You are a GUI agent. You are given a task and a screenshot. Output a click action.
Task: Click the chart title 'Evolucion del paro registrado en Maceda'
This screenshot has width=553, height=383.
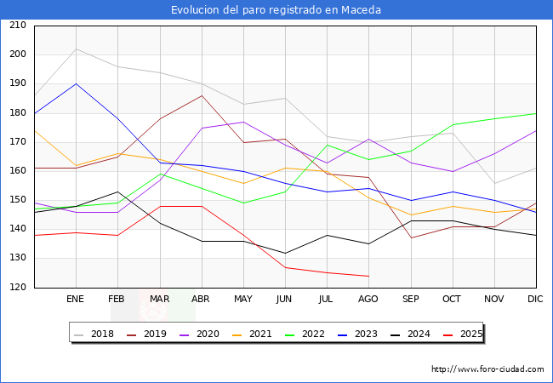(x=276, y=10)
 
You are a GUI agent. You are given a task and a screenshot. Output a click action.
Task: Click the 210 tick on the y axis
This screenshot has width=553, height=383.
(x=18, y=26)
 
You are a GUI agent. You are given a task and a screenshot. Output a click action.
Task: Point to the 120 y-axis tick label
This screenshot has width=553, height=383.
(x=18, y=288)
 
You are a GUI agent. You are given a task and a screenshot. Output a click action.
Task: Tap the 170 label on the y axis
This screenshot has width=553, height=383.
(x=18, y=142)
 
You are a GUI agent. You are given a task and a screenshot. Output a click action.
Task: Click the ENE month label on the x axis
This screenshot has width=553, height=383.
(x=76, y=300)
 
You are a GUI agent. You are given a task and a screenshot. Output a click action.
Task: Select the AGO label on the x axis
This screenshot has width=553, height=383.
(x=368, y=300)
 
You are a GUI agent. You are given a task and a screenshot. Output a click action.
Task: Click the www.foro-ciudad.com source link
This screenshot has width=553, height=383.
(x=487, y=369)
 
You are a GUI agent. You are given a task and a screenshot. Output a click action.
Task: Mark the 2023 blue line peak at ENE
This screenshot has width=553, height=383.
(x=76, y=83)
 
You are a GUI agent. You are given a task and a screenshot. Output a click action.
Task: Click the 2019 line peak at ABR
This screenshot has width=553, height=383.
(x=202, y=95)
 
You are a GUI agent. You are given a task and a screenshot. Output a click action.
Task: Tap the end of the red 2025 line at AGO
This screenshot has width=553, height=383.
(x=368, y=276)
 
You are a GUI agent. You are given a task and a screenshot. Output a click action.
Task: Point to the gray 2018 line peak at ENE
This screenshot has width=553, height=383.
(x=76, y=49)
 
